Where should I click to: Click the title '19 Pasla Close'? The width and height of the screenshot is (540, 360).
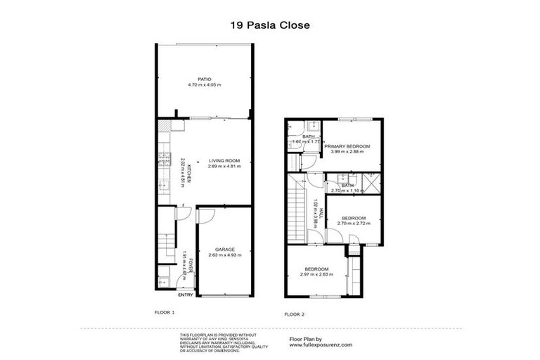coord(270,25)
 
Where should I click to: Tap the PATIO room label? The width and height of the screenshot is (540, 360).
coord(204,79)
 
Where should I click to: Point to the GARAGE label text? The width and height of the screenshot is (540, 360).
coord(225,249)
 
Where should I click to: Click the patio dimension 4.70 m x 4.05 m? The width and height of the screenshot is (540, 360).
coord(204,85)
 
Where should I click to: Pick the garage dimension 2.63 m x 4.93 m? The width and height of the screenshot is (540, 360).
coord(225,255)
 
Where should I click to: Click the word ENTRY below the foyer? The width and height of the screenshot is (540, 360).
coord(184,295)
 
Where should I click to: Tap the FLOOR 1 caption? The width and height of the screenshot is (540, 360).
coord(164,311)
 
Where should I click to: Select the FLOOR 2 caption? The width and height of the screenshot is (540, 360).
coord(295,314)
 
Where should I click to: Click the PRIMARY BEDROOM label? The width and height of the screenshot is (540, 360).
coord(347,146)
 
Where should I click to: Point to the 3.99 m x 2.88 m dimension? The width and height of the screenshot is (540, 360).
coord(347,151)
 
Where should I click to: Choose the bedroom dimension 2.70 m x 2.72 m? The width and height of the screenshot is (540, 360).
coord(353,224)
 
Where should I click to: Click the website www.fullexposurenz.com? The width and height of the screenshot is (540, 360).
coord(321,345)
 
